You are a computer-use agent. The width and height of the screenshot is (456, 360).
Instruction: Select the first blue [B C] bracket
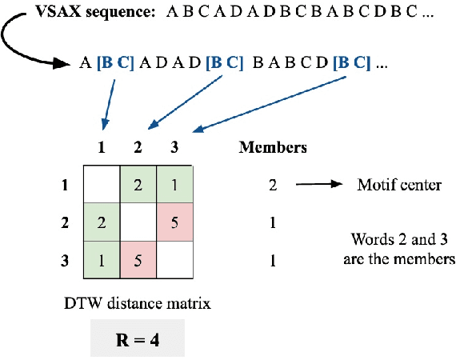[114, 63]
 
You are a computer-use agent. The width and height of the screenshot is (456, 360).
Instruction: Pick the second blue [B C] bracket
[223, 63]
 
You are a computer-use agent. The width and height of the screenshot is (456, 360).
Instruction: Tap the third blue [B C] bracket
[352, 63]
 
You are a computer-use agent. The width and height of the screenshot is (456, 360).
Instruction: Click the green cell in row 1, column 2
[138, 186]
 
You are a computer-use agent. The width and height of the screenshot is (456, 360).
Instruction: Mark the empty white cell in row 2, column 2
[138, 222]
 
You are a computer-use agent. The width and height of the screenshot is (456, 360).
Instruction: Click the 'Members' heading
[272, 147]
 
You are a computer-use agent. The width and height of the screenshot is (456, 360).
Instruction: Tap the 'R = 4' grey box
[136, 338]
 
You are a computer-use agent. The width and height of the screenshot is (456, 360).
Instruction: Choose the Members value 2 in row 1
[272, 186]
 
